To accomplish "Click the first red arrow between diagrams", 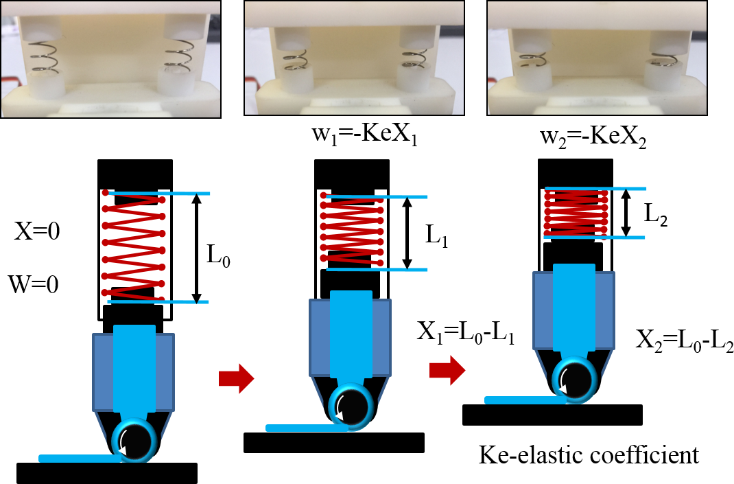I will (x=235, y=379).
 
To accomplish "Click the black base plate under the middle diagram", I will (x=333, y=443).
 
